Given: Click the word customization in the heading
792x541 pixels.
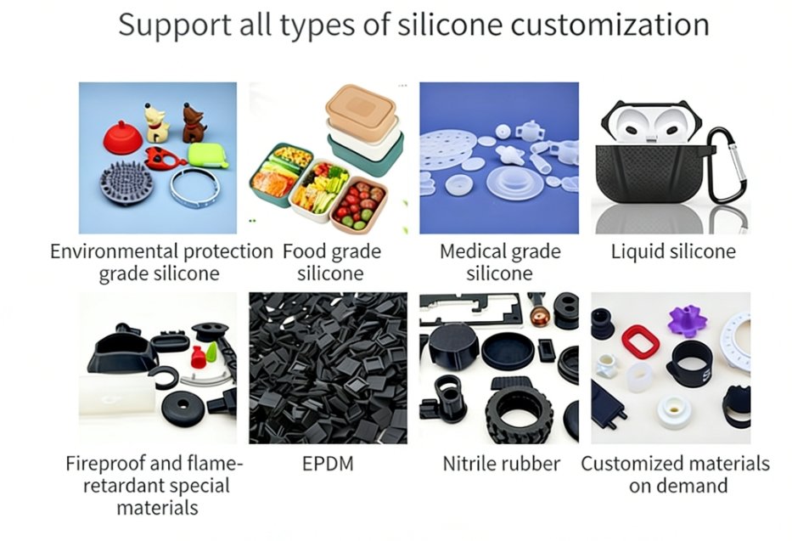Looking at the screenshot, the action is click(609, 25).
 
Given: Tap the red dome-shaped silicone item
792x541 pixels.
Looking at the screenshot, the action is click(123, 137).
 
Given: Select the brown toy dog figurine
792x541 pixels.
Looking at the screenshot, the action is click(193, 123).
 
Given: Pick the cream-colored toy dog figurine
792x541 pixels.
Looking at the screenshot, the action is click(156, 123).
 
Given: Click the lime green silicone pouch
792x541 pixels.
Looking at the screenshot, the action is click(208, 155).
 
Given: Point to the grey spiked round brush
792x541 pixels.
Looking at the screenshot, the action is click(126, 183).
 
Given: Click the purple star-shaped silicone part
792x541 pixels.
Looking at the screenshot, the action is click(687, 321).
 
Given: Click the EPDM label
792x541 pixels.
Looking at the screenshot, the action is click(328, 463).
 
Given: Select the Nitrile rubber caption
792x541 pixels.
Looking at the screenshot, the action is click(501, 463).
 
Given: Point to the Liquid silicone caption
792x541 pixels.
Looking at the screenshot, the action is click(673, 251).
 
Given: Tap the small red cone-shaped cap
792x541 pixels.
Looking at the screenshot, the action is click(198, 358).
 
